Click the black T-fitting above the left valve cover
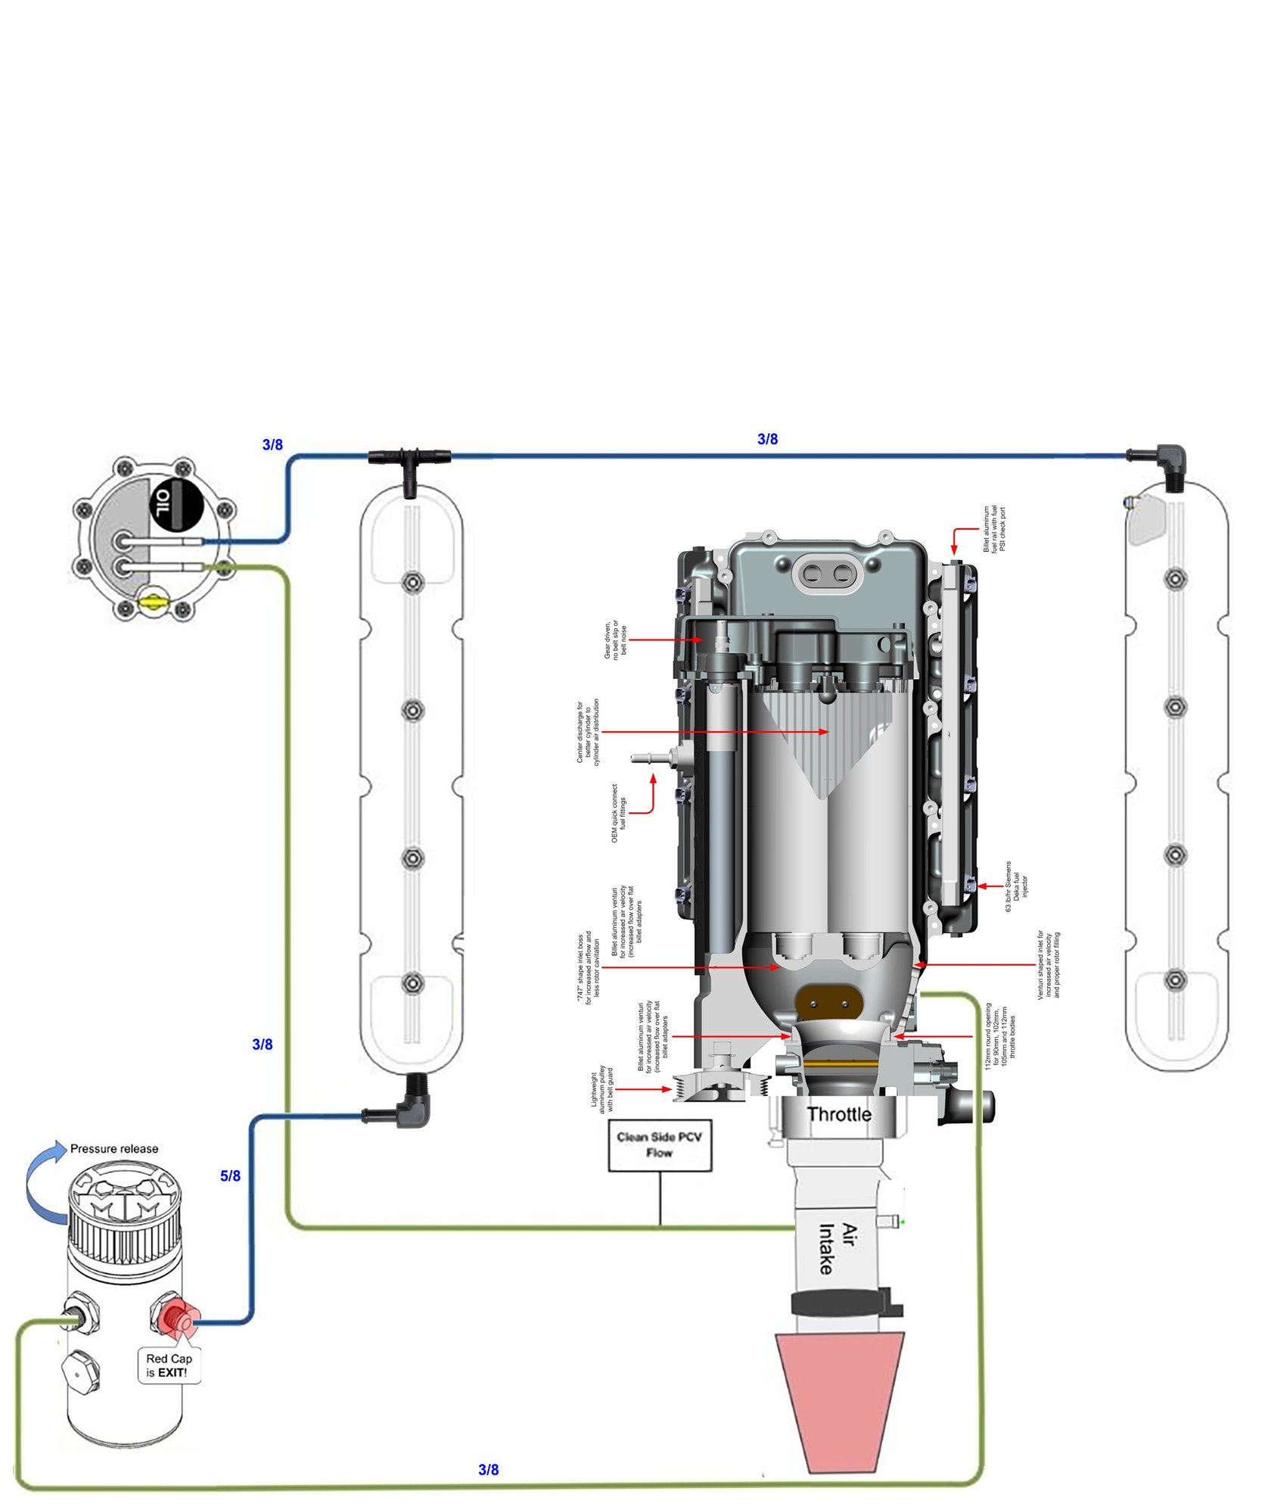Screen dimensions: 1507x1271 click(409, 463)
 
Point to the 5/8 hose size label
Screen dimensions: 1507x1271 click(230, 1175)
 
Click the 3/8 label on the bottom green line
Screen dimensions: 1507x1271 click(489, 1469)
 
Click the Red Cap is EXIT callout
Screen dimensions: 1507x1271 click(169, 1365)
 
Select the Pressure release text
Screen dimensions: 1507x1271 click(114, 1148)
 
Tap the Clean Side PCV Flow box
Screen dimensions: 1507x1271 click(660, 1144)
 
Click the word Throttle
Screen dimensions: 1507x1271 click(839, 1114)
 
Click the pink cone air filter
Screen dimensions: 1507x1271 click(840, 1400)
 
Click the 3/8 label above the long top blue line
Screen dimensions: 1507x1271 click(767, 439)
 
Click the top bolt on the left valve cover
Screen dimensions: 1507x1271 click(412, 582)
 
